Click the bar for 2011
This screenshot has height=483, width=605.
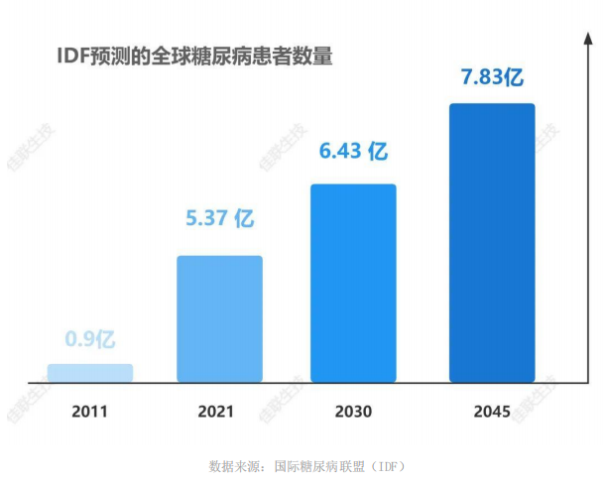tap(89, 373)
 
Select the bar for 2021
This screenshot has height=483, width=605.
tap(219, 318)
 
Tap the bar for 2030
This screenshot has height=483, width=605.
tap(353, 283)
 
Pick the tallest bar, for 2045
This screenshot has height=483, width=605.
tap(492, 242)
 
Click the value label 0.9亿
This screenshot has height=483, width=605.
tap(90, 340)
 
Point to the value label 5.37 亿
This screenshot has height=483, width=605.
tap(220, 218)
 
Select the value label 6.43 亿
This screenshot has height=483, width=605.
tap(352, 151)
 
